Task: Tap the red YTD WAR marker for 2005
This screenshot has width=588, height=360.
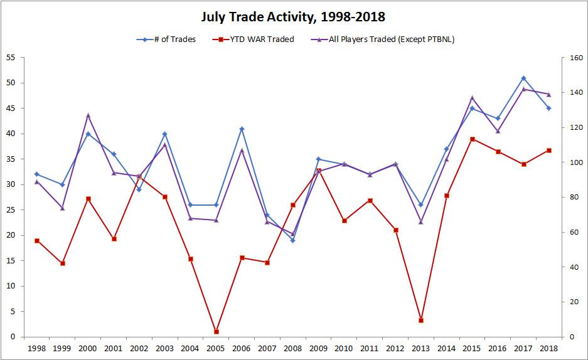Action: coord(216,332)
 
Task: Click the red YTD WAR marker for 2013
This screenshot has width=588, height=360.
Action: coord(421,320)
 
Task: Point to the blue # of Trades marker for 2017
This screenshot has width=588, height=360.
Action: coord(523,78)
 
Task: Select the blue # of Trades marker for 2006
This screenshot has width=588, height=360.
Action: coord(242,129)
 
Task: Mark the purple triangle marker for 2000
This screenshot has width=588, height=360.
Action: coord(88,115)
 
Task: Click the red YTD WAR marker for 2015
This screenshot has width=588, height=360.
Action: coord(472,139)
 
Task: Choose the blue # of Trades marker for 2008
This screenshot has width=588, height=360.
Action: coord(293,240)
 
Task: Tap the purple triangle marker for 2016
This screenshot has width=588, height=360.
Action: coord(498,131)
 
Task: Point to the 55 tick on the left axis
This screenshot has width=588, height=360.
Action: coord(11,58)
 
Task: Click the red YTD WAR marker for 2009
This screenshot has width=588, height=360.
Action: coord(318,171)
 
